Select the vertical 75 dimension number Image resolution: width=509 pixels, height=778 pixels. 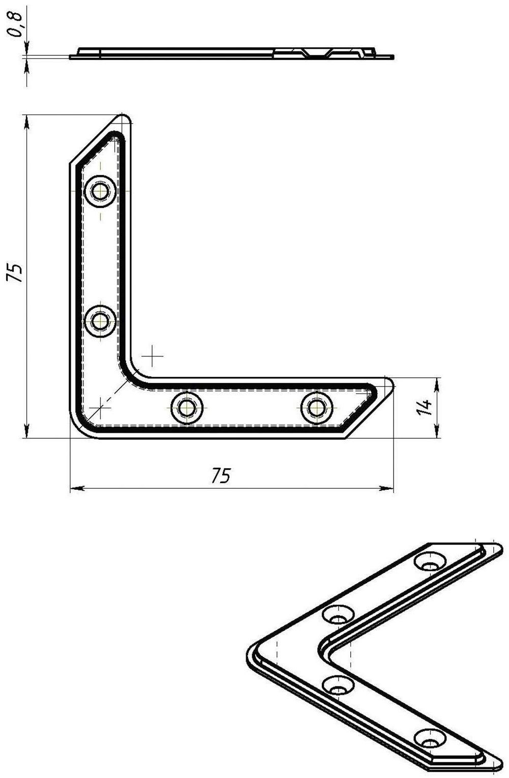pyautogui.click(x=16, y=273)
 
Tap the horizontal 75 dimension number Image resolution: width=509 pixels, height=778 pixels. pyautogui.click(x=221, y=475)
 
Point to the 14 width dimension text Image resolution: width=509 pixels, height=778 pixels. pyautogui.click(x=424, y=407)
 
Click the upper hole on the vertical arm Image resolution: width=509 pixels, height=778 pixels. pyautogui.click(x=101, y=191)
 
